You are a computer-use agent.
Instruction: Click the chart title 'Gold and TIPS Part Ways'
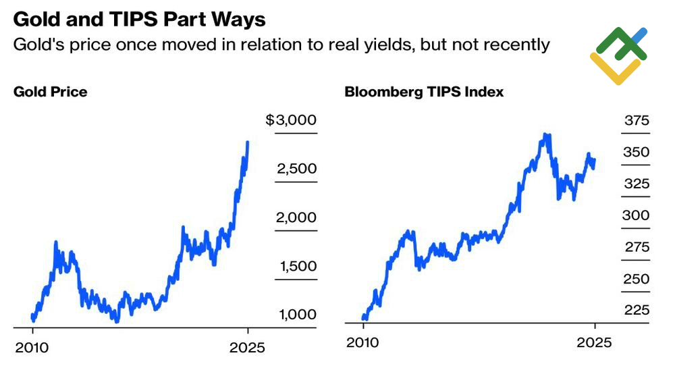(x=140, y=20)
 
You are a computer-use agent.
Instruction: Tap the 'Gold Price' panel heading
(x=51, y=91)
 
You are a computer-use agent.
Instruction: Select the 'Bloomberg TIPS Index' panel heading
(x=424, y=92)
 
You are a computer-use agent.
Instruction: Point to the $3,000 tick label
(x=291, y=121)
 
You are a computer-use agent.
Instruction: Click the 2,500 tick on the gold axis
(x=296, y=169)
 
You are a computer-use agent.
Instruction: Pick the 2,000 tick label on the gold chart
(x=296, y=217)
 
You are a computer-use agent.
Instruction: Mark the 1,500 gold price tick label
(x=297, y=266)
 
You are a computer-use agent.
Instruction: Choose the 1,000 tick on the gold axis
(x=297, y=315)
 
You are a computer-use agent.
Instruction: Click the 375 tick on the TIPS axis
(x=637, y=121)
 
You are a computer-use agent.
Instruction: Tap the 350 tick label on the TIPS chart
(x=637, y=153)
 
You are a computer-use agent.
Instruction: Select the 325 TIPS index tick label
(x=637, y=184)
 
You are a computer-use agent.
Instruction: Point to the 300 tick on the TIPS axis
(x=637, y=215)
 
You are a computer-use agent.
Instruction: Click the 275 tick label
(x=637, y=247)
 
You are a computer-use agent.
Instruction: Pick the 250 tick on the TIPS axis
(x=637, y=279)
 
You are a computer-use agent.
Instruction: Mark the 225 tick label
(x=637, y=310)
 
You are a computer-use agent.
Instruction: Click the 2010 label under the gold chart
(x=32, y=348)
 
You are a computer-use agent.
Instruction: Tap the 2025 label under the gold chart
(x=248, y=348)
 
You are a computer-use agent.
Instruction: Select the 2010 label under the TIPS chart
(x=364, y=342)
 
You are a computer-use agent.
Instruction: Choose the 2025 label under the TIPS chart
(x=594, y=342)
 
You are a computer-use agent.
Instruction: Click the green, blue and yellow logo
(x=618, y=56)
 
